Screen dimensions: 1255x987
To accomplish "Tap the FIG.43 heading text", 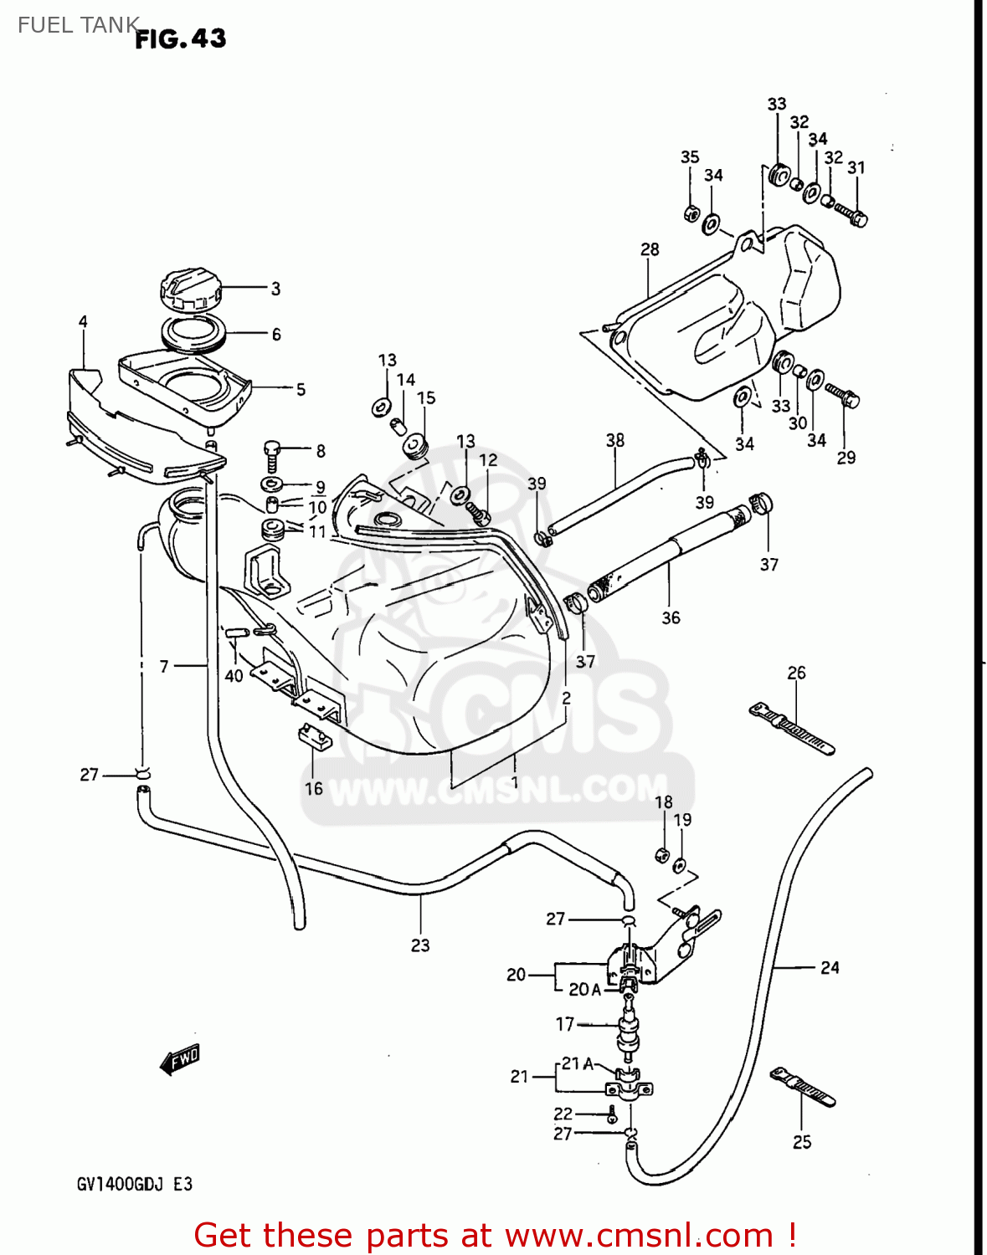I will (x=181, y=38).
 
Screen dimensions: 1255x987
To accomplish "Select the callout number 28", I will (x=650, y=249).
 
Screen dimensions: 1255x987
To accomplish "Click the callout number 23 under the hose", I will (x=420, y=945).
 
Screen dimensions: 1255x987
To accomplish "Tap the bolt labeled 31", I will (x=851, y=213).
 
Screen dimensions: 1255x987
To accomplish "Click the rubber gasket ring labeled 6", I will (x=194, y=336).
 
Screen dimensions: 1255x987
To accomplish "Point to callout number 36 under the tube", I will (x=671, y=618).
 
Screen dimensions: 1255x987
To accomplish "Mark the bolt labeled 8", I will (x=273, y=455).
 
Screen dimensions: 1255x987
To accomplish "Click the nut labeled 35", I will (x=691, y=213).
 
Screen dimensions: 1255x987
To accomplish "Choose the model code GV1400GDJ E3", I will (x=135, y=1184).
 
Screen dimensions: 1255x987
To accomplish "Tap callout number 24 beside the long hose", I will (x=829, y=968).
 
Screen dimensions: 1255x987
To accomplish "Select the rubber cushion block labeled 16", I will (x=314, y=737).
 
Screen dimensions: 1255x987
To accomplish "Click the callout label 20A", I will (x=584, y=990).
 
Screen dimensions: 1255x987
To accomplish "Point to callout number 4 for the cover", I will (x=83, y=322).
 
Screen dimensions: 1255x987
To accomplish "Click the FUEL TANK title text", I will (x=77, y=25).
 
